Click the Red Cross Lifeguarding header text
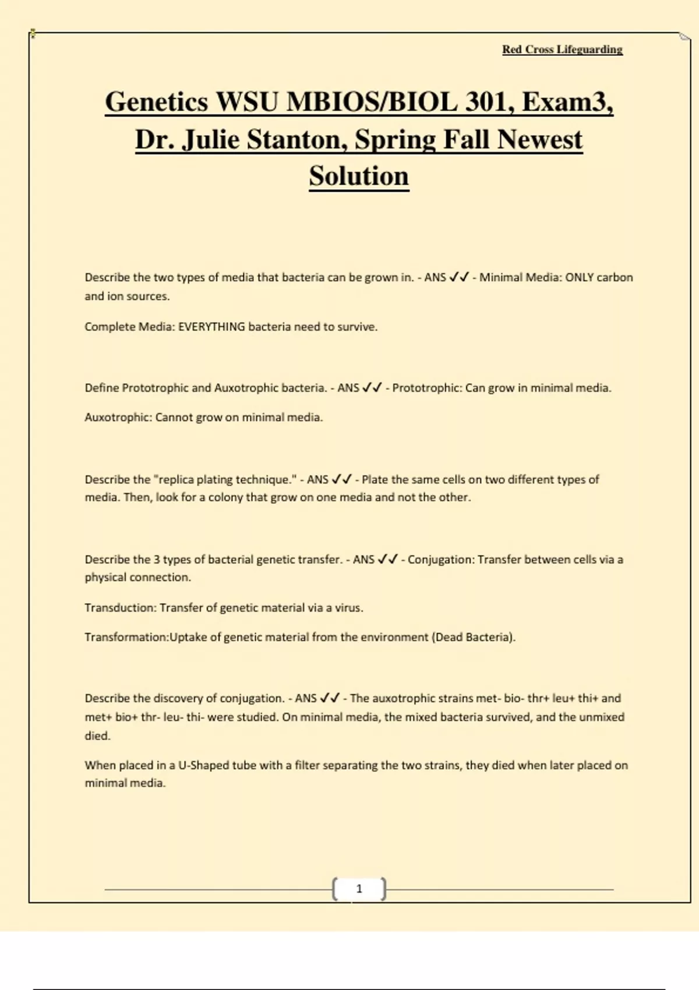point(562,49)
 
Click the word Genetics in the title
point(156,102)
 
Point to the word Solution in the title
point(359,176)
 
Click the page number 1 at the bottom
point(359,889)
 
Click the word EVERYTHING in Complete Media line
point(211,327)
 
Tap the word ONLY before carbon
point(580,277)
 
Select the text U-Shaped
point(203,765)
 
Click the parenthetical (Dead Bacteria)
point(473,637)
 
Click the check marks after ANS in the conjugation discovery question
point(330,698)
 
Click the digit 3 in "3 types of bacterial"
point(156,560)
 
